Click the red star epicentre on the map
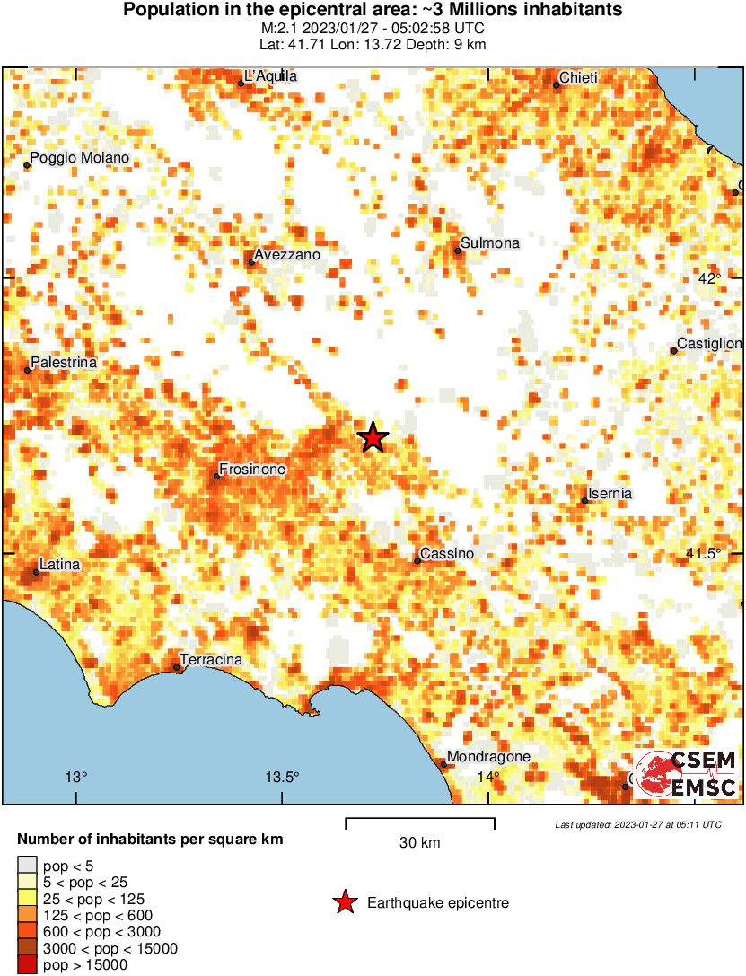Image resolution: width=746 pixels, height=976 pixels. click(373, 437)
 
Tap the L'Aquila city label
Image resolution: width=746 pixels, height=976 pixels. click(271, 77)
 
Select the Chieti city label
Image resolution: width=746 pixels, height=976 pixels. click(579, 79)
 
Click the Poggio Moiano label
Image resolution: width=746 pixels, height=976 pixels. click(79, 159)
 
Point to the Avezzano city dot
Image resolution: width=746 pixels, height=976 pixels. click(251, 262)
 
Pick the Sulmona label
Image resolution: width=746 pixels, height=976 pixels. click(489, 243)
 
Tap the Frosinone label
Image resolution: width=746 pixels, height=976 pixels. click(255, 470)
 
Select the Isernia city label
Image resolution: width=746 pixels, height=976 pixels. click(610, 494)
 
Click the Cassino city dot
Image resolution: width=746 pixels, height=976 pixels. click(417, 561)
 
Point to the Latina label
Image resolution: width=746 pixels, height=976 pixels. click(60, 565)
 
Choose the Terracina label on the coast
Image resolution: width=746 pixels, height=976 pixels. click(211, 660)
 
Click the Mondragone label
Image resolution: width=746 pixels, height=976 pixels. click(488, 757)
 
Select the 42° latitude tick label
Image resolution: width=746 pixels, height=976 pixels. click(709, 278)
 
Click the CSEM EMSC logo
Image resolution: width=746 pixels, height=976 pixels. click(686, 774)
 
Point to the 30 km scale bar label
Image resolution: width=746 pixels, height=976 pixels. click(420, 842)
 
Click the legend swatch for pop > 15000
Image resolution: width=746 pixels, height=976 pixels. click(28, 965)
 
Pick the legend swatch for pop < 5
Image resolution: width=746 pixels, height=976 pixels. click(28, 866)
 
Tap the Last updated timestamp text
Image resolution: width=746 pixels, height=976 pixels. click(637, 824)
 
